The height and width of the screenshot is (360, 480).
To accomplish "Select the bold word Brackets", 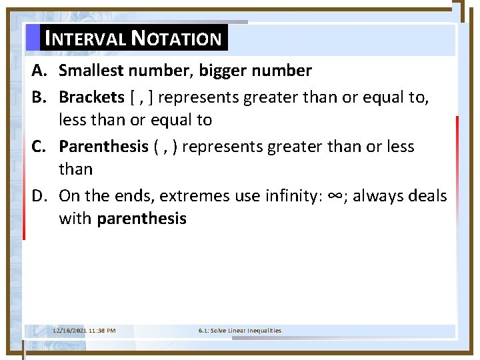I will click(91, 97).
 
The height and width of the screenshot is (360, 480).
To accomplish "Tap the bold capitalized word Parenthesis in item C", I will click(103, 147).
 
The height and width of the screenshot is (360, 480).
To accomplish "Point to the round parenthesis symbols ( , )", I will click(165, 147).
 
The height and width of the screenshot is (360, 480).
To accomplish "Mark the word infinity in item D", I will click(291, 196).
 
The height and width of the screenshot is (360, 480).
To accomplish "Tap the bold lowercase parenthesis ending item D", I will click(141, 219).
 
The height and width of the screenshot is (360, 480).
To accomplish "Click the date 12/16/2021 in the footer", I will click(69, 331).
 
